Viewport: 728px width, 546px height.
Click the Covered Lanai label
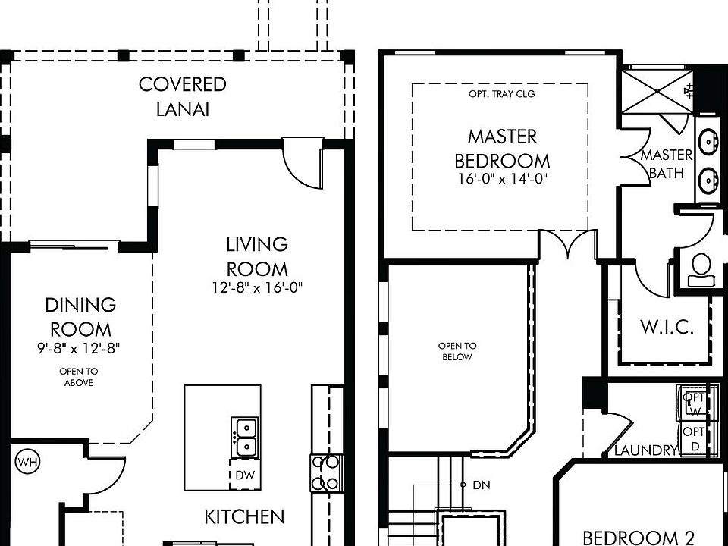coord(183,96)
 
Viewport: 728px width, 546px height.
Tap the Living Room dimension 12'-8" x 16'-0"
coord(257,288)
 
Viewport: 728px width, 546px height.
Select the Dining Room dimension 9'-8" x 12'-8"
coord(79,348)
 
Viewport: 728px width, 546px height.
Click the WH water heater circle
coord(28,462)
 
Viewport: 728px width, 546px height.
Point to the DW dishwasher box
coord(245,475)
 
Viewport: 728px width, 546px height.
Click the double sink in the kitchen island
coord(245,437)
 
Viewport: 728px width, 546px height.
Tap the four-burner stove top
coord(325,473)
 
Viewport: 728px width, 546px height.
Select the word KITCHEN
coord(244,516)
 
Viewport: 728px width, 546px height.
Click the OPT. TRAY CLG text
coord(502,94)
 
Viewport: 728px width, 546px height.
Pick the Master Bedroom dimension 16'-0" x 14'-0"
coord(503,179)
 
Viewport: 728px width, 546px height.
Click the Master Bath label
coord(667,164)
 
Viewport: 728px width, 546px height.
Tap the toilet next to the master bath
coord(701,270)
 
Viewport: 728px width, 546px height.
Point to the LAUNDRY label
coord(646,450)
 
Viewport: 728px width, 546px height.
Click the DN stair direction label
coord(482,485)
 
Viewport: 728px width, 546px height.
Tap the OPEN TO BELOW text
coord(457,351)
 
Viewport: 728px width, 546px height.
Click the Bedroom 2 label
coord(638,538)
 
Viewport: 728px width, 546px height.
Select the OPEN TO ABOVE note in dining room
coord(78,377)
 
